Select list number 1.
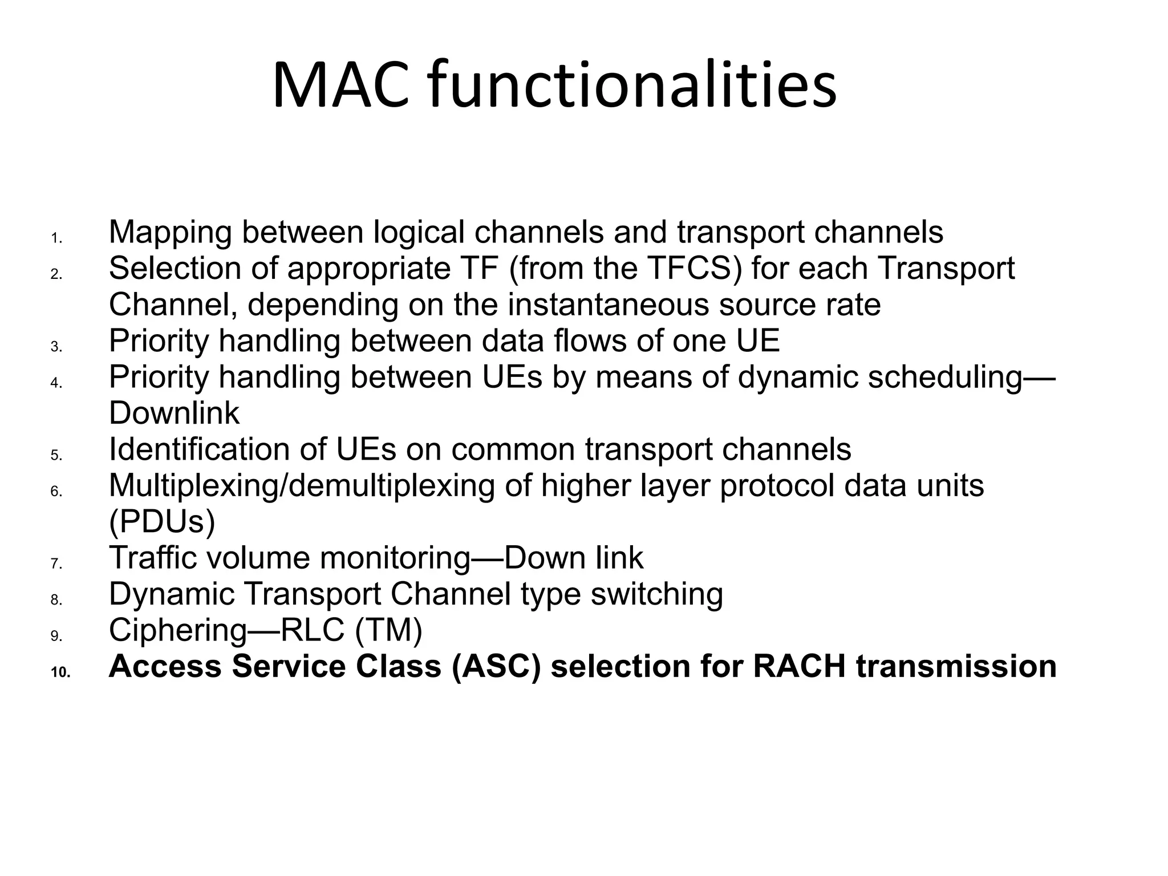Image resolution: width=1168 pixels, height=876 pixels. (56, 238)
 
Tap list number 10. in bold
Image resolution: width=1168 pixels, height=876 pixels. (60, 673)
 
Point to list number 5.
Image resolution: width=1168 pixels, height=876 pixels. (56, 455)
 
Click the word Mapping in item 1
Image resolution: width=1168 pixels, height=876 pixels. (170, 233)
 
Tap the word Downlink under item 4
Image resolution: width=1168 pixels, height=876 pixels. (174, 413)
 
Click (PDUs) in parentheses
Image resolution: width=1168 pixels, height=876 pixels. (162, 522)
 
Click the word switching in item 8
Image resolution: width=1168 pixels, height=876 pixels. (656, 594)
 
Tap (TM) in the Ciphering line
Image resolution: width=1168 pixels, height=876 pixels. (388, 630)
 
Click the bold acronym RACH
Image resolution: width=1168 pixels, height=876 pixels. (799, 666)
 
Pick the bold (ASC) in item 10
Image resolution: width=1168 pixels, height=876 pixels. (495, 666)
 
